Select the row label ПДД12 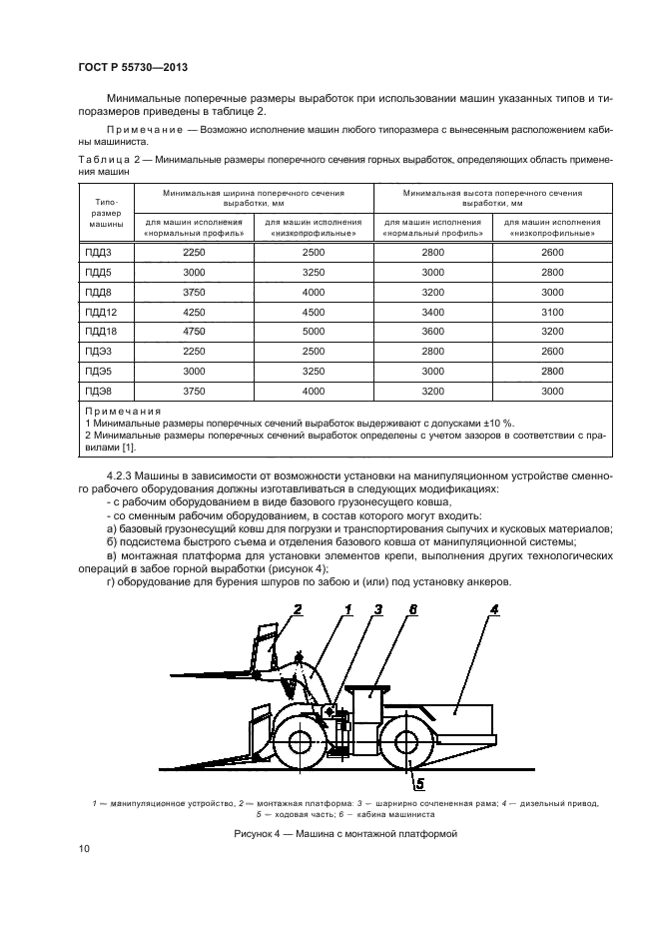102,313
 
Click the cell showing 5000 314,332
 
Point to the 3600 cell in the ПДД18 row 432,332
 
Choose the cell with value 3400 432,313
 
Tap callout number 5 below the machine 419,782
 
